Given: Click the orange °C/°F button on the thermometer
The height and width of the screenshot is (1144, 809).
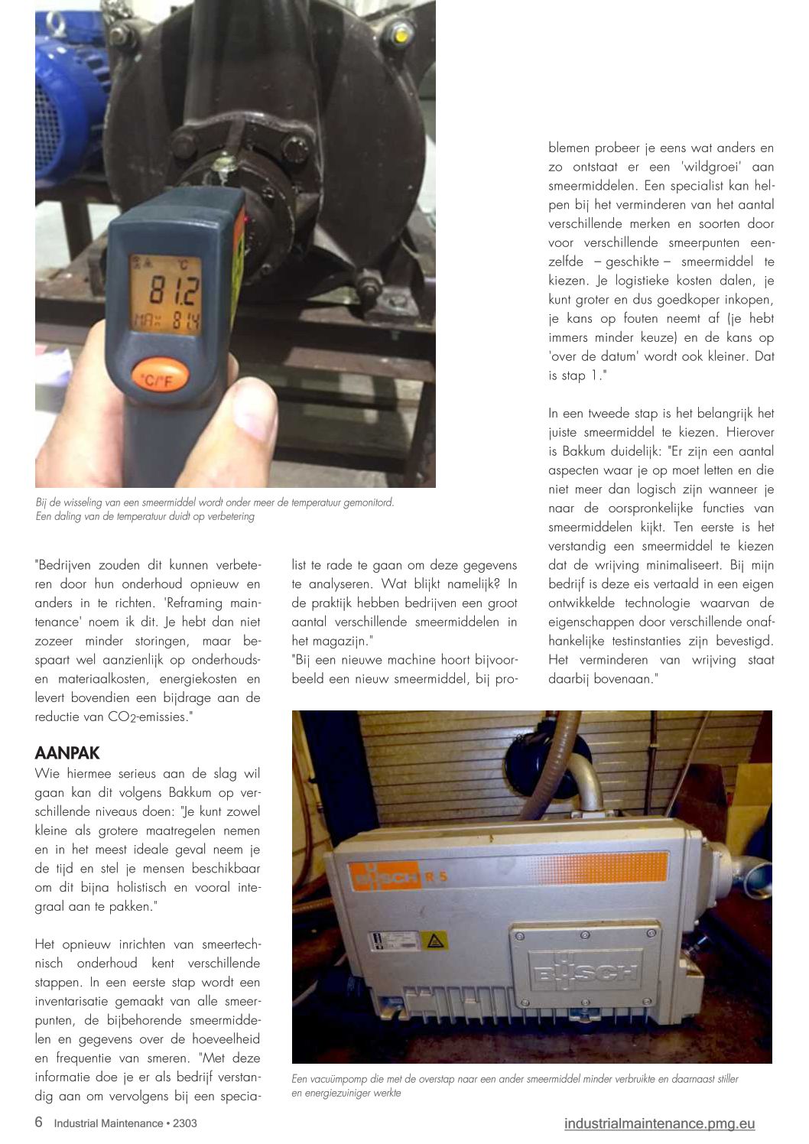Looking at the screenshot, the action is pos(160,379).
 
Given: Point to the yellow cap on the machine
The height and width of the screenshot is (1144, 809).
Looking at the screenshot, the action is pos(401,37).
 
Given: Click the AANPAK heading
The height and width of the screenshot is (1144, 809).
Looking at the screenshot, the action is pos(67,752).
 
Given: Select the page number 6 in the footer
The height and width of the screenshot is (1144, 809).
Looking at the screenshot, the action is pos(39,1122).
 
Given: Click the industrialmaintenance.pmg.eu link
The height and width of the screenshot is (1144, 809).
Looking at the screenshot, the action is pos(659,1123).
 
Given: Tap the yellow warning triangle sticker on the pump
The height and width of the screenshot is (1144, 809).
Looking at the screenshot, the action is pos(434,941).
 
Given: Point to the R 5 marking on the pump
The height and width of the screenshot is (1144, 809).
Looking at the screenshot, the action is pos(436,877).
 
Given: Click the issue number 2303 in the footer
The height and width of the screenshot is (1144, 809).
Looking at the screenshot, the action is pos(185,1123).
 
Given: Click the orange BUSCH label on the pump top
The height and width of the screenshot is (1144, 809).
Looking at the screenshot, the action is pos(385,876).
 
